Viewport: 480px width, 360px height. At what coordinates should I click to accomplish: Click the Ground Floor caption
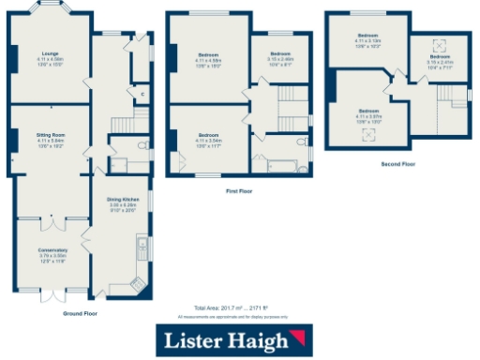78,312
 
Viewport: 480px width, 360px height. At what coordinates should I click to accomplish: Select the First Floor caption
239,190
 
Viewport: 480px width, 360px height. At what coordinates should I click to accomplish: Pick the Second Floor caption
397,163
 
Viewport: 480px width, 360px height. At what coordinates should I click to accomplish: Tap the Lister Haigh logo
237,338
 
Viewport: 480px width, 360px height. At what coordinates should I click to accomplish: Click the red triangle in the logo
301,337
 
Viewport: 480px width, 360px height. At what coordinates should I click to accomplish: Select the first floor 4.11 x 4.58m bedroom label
208,58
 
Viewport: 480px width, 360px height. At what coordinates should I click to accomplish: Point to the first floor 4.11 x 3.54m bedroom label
208,142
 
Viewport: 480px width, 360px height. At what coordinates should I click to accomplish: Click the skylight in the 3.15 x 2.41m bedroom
437,45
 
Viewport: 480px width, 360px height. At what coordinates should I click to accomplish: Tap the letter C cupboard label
142,94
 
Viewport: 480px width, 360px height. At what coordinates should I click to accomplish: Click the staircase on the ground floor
120,125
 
